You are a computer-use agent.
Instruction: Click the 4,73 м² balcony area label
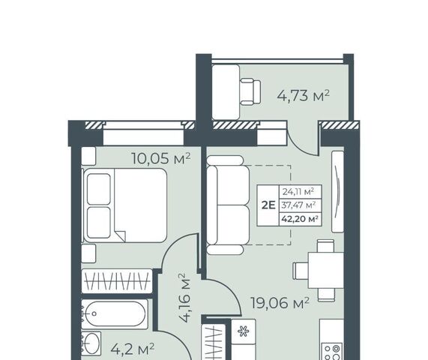click(304, 96)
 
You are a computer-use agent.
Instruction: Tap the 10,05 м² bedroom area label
click(160, 158)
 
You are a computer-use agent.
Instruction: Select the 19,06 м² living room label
click(280, 303)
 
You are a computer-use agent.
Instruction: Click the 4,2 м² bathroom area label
click(133, 349)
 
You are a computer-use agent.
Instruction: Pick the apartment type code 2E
click(268, 205)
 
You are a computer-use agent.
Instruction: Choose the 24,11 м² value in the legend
click(298, 192)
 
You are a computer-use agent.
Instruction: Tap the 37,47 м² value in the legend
click(298, 205)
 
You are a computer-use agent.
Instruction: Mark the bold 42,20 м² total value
click(300, 219)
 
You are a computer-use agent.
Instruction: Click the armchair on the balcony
click(250, 91)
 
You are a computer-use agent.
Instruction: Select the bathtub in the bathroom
click(115, 313)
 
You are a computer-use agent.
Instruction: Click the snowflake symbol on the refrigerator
click(243, 331)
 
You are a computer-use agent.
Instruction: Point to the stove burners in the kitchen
click(332, 352)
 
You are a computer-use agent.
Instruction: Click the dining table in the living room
click(326, 271)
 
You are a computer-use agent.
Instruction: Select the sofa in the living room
click(228, 205)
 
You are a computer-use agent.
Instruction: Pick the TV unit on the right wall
click(337, 191)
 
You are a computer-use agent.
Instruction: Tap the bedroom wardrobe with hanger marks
click(117, 281)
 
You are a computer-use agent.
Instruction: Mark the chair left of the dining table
click(301, 271)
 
